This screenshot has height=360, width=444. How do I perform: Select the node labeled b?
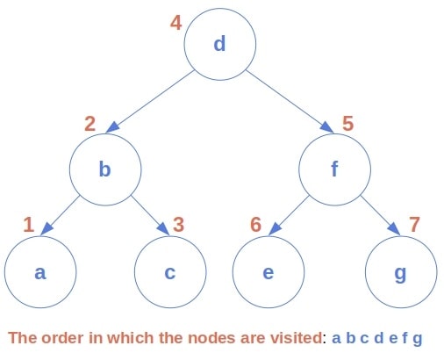click(x=104, y=169)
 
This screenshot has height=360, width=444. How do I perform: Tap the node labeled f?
click(x=333, y=169)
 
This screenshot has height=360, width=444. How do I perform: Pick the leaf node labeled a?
click(x=39, y=272)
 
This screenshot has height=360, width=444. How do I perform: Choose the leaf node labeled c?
click(x=169, y=272)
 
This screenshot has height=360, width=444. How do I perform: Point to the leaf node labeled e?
click(x=269, y=272)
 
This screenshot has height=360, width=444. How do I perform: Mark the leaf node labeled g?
click(x=400, y=272)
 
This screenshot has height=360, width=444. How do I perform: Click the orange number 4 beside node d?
click(x=175, y=22)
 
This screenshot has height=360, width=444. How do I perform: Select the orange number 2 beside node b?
click(x=90, y=124)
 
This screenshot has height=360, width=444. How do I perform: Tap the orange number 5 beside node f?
click(x=348, y=124)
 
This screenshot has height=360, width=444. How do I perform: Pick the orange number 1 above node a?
click(x=28, y=225)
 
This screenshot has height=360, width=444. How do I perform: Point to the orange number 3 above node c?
click(x=179, y=225)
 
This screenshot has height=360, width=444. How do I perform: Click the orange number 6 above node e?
click(x=256, y=225)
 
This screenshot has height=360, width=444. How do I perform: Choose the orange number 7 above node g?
click(x=415, y=225)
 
